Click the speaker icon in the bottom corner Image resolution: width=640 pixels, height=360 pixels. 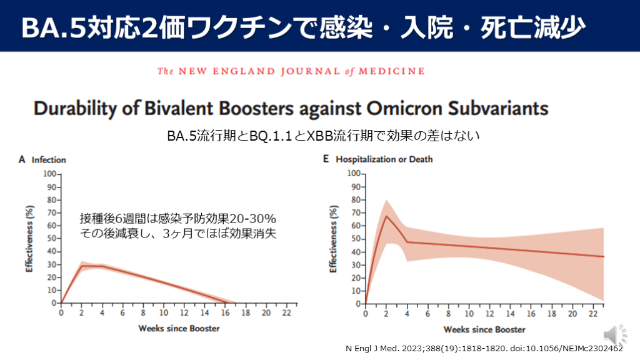coord(610,332)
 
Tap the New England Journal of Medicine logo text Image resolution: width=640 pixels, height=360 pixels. coord(291,71)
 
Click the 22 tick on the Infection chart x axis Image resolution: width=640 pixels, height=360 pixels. coord(287,312)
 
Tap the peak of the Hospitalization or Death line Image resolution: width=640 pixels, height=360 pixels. coord(386,216)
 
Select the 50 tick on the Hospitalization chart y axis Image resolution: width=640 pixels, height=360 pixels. coord(356,239)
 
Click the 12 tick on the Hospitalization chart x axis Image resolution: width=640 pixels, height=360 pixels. coord(489,313)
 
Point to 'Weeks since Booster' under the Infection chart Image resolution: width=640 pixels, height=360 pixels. coord(179,328)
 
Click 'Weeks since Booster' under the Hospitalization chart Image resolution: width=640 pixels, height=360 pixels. coord(484,329)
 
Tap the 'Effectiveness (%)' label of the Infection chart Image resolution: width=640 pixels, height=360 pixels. coord(29,241)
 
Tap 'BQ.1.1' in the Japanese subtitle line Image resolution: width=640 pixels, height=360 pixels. coord(267,136)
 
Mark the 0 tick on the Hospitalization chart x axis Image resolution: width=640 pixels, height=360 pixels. coord(366,313)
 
